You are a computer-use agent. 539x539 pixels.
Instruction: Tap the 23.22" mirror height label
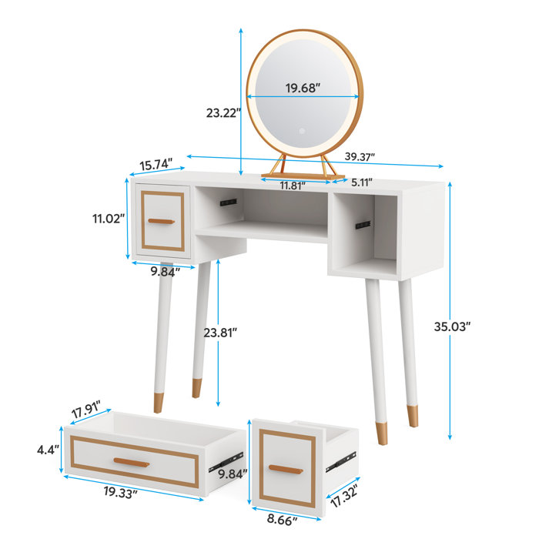coord(223,112)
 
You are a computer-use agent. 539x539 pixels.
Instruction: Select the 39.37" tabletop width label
coord(360,157)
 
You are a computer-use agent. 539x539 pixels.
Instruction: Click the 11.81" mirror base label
coord(293,186)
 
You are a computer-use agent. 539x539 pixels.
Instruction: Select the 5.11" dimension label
coord(362,183)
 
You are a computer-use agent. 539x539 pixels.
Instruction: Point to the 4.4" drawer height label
coord(48,450)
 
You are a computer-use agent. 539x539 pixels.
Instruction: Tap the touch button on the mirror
coord(303,131)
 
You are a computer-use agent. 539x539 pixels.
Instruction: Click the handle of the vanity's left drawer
coord(162,222)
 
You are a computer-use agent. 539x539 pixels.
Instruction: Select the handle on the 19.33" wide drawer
coord(132,461)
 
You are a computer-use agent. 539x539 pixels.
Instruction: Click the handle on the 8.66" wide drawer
coord(285,470)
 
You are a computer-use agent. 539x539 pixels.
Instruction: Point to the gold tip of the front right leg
coord(382,431)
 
